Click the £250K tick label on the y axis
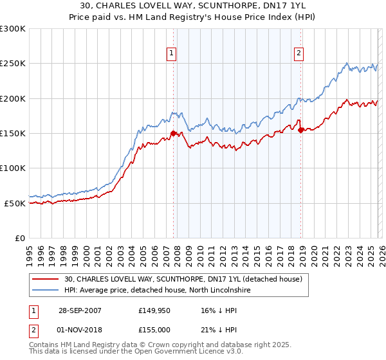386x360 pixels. click(x=13, y=64)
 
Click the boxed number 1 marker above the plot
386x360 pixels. click(x=172, y=53)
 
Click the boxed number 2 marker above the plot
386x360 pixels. click(x=299, y=53)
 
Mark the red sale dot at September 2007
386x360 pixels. click(x=174, y=134)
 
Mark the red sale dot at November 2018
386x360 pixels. click(x=300, y=130)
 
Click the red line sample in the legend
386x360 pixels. click(x=46, y=280)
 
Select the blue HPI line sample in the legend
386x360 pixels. click(x=46, y=291)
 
